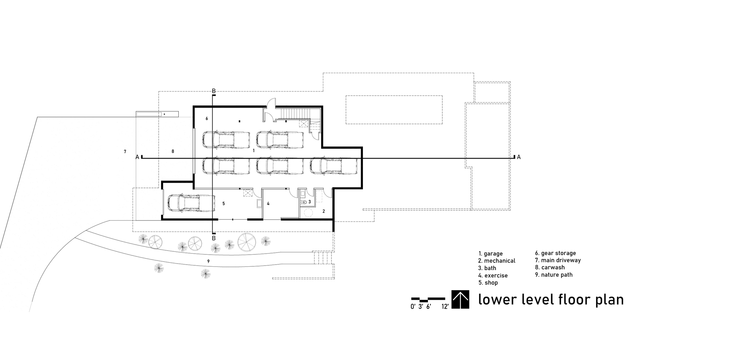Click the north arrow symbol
click(460, 299)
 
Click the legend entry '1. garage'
click(490, 254)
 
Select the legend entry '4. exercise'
click(493, 276)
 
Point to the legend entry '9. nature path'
click(553, 275)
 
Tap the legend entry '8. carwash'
click(550, 268)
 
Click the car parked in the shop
click(191, 203)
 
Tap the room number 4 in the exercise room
click(268, 204)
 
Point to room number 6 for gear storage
click(207, 119)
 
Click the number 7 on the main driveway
click(125, 152)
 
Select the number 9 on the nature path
click(208, 261)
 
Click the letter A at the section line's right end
click(519, 157)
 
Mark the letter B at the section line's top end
click(214, 91)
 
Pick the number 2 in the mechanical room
click(323, 211)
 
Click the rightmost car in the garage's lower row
click(333, 166)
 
